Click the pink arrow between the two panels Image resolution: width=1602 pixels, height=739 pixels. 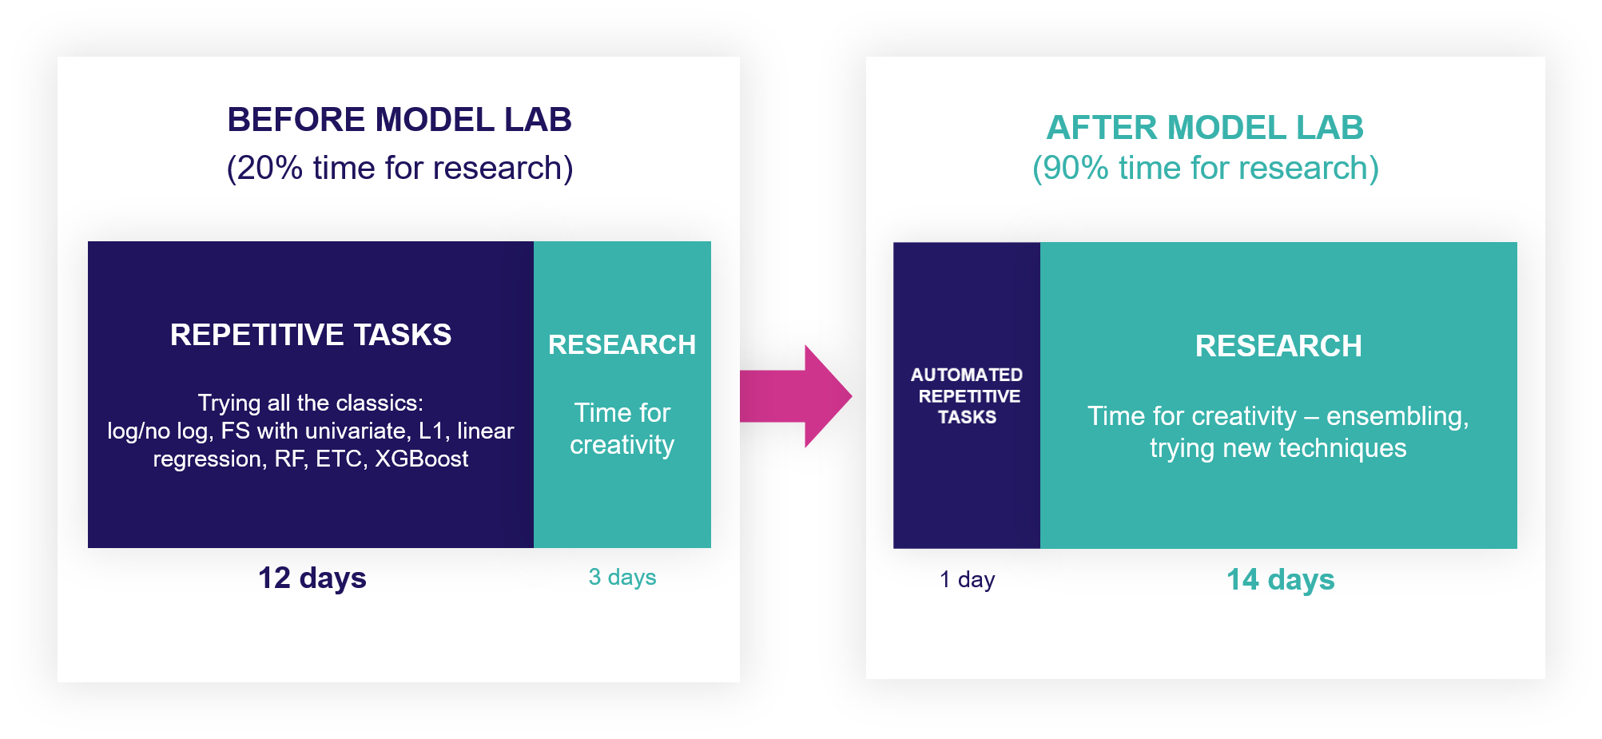tap(796, 396)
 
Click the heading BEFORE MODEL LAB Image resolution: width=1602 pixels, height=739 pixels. tap(400, 120)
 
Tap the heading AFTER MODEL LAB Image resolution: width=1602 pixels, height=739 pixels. tap(1205, 128)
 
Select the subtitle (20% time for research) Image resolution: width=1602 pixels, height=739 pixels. tap(400, 169)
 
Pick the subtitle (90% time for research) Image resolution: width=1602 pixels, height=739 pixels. tap(1206, 169)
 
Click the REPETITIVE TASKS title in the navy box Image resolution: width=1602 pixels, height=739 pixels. tap(311, 335)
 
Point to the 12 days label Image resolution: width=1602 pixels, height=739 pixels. tap(312, 578)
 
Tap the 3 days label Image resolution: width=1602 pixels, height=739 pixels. tap(622, 577)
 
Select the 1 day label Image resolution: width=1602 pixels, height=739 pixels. tap(968, 579)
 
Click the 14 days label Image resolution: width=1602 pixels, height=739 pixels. tap(1281, 580)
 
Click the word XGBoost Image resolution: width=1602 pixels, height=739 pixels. tap(422, 459)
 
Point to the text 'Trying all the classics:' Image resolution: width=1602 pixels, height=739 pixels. tap(311, 403)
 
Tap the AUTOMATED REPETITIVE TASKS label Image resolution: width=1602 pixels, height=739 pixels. tap(967, 395)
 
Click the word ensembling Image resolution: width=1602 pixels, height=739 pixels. tap(1398, 416)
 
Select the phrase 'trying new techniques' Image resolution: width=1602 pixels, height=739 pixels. tap(1278, 448)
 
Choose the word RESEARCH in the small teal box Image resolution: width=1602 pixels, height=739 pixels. tap(622, 345)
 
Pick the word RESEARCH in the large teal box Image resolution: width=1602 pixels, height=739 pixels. tap(1278, 346)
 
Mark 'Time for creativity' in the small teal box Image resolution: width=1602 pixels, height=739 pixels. tap(622, 429)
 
